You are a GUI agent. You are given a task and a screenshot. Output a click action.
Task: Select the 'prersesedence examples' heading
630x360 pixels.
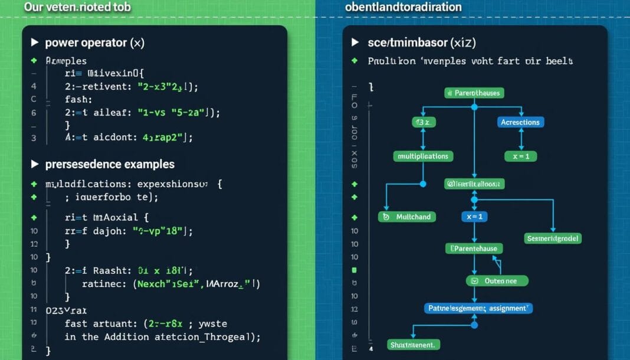tap(110, 164)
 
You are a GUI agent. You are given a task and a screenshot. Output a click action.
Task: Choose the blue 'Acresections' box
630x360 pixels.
tap(520, 122)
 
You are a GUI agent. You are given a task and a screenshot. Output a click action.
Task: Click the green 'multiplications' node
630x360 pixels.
tap(423, 156)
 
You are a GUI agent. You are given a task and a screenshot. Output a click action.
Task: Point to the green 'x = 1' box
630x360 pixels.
tap(520, 156)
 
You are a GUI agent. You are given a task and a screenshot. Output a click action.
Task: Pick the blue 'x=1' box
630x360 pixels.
tap(474, 217)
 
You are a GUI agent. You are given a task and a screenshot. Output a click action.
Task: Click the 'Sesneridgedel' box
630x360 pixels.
tap(553, 238)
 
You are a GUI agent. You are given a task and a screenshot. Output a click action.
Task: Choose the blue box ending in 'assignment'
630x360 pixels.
tap(478, 307)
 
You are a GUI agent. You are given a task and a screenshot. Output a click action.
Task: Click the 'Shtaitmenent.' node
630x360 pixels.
tap(411, 344)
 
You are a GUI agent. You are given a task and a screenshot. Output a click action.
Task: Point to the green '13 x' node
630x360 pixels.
tap(423, 122)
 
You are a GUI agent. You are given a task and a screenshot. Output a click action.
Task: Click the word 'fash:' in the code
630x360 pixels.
tap(78, 100)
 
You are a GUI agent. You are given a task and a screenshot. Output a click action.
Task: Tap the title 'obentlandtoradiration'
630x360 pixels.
tap(403, 8)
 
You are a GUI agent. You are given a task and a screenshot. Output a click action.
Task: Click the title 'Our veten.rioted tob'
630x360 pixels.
tap(77, 8)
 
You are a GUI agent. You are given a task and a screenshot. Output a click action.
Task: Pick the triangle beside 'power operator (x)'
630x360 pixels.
tap(34, 42)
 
